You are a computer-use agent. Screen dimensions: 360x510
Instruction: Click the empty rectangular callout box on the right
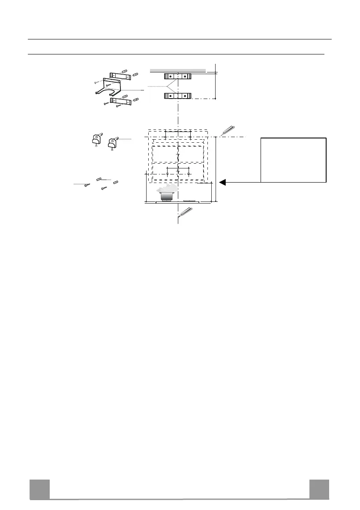[x=294, y=160]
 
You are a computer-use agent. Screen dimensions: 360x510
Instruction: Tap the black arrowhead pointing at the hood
[x=222, y=182]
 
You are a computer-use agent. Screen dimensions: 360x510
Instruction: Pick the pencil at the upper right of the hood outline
[x=228, y=130]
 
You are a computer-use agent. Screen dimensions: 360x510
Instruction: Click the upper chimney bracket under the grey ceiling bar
[x=177, y=76]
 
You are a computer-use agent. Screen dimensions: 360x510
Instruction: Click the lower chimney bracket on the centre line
[x=177, y=96]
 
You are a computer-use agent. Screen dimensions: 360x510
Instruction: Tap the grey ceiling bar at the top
[x=177, y=70]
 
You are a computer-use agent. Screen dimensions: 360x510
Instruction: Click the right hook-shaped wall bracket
[x=113, y=142]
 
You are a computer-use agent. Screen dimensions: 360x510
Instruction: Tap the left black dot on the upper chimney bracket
[x=171, y=76]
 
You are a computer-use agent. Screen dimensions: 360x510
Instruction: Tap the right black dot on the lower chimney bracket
[x=184, y=96]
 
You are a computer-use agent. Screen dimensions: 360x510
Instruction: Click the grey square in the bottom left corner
[x=39, y=489]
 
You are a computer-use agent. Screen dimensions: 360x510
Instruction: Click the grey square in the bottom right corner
[x=319, y=489]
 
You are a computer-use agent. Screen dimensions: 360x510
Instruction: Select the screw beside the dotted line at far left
[x=87, y=185]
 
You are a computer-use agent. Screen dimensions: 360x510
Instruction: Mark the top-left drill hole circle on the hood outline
[x=165, y=138]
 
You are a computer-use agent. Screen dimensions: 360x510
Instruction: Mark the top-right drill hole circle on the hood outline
[x=190, y=138]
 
